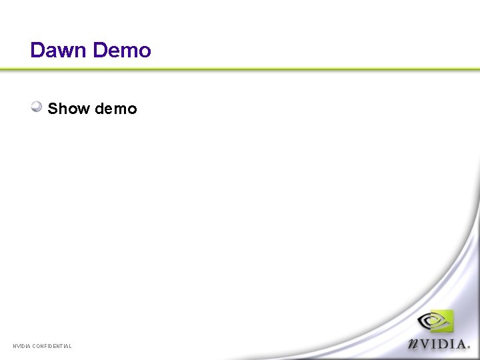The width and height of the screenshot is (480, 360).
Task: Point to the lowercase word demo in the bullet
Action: [x=116, y=109]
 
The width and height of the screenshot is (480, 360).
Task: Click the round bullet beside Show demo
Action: [x=37, y=106]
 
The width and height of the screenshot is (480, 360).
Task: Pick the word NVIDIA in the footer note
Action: [x=21, y=346]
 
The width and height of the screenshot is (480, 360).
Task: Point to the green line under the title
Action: [x=240, y=69]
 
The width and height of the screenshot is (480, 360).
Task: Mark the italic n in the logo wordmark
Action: [x=413, y=344]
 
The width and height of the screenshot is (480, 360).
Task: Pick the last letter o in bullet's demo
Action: [x=132, y=109]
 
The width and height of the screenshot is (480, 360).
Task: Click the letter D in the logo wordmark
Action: [x=441, y=343]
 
